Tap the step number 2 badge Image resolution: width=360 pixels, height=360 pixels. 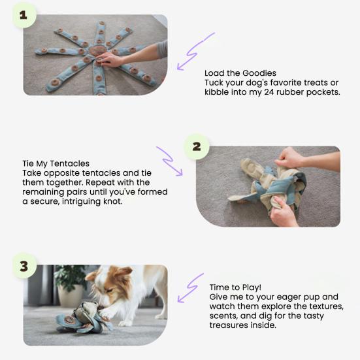point(196,146)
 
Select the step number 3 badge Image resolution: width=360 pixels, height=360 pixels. point(24,266)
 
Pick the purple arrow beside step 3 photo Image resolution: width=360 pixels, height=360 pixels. point(190,288)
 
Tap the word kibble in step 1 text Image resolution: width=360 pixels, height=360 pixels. point(220,92)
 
